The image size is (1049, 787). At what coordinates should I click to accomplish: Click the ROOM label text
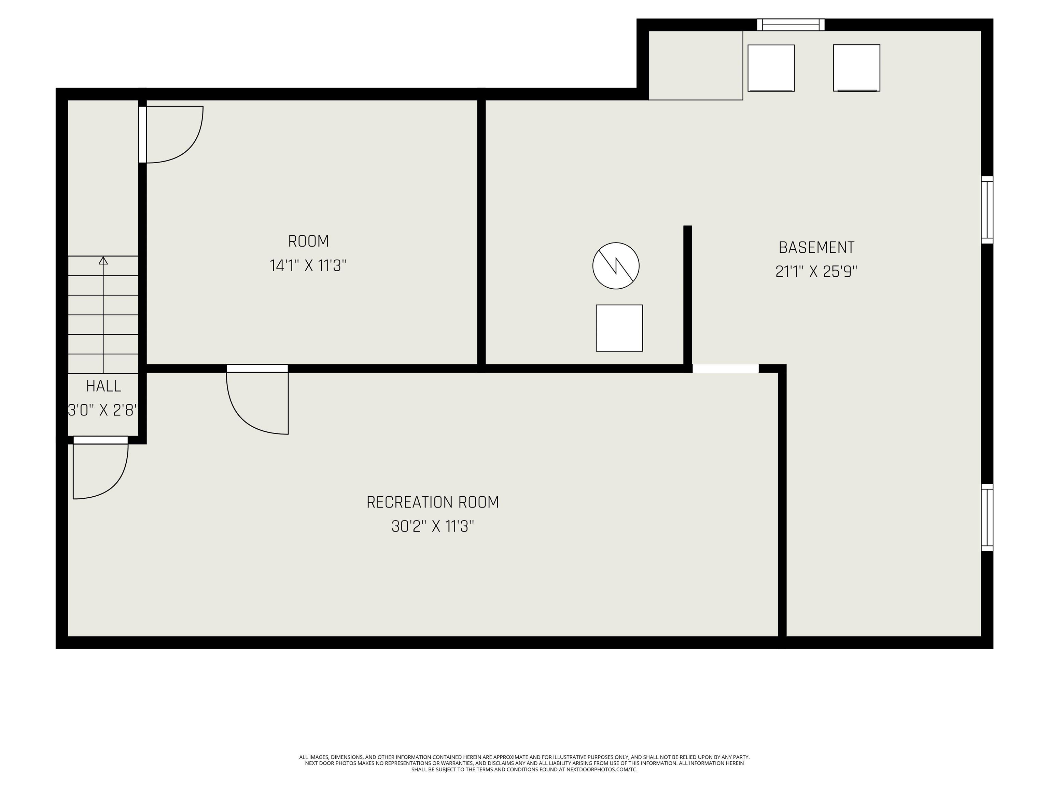[x=308, y=241]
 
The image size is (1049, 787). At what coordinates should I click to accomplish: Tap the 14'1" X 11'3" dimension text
[x=308, y=266]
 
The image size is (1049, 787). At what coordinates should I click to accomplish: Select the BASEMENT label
[x=816, y=247]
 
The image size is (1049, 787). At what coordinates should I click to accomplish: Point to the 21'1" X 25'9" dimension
[x=816, y=272]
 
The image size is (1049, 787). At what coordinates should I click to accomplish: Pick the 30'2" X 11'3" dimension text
[x=433, y=527]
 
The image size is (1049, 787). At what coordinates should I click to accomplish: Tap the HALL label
[x=103, y=386]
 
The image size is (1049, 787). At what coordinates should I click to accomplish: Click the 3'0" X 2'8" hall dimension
[x=103, y=410]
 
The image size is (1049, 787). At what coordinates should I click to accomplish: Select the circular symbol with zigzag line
[x=616, y=266]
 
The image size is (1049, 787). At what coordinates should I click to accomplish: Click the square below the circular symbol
[x=619, y=328]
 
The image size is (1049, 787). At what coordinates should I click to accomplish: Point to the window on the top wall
[x=791, y=25]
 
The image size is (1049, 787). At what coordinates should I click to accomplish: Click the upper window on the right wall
[x=987, y=210]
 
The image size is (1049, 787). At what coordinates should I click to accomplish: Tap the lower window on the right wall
[x=987, y=517]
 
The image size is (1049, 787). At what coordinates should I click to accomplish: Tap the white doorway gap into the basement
[x=726, y=369]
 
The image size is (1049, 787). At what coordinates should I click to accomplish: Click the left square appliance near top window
[x=771, y=68]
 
